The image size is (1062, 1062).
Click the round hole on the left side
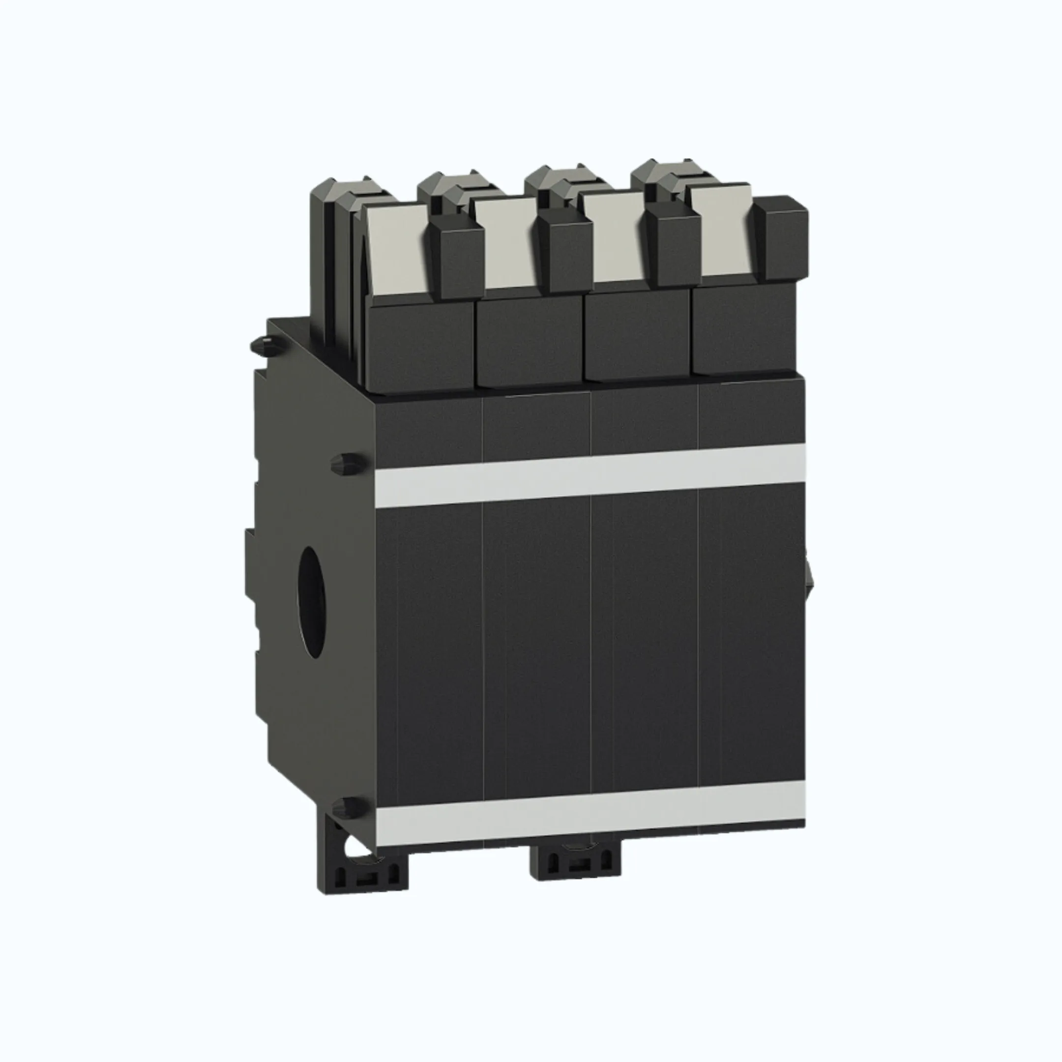coord(312,601)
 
